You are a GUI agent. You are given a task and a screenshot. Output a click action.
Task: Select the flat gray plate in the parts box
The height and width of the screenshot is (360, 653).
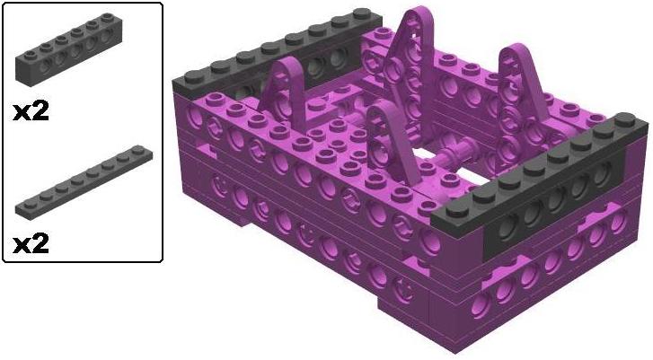pos(84,182)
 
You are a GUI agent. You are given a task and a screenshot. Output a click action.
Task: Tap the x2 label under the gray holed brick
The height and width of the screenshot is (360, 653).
pos(31,111)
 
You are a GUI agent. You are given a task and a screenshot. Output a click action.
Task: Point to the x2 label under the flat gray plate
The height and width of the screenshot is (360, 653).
pos(31,243)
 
